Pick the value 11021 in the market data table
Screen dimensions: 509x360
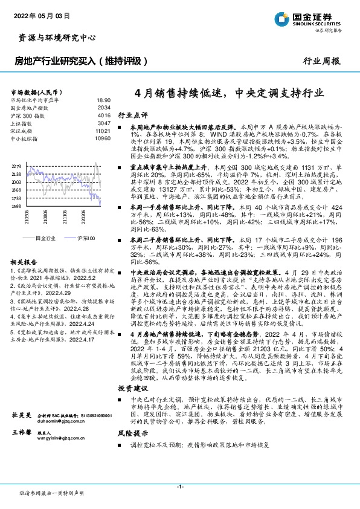[103, 131]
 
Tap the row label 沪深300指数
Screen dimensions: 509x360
[28, 115]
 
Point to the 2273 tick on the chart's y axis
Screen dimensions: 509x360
[16, 165]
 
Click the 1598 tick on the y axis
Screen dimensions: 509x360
[16, 206]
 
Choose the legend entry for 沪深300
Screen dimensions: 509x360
[87, 239]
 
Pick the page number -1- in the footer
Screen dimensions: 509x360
[180, 487]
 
